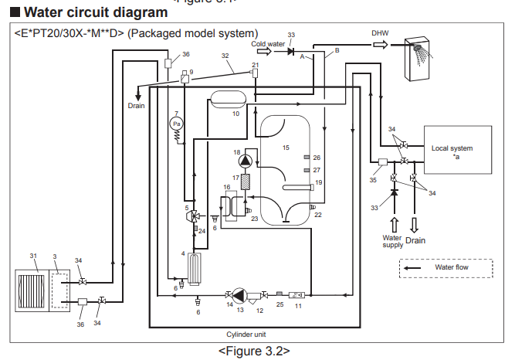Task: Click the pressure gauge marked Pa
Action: point(176,124)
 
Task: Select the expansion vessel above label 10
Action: point(229,100)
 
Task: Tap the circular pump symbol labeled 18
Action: point(245,161)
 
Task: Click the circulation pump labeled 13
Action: point(239,295)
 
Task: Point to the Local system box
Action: point(458,150)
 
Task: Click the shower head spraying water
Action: point(418,48)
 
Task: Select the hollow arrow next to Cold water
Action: point(264,51)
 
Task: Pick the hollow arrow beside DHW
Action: point(381,44)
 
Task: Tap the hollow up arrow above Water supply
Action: point(395,225)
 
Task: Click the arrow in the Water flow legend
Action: point(412,268)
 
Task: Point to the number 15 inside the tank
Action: point(286,148)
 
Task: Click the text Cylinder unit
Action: point(246,335)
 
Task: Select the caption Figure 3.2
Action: point(254,352)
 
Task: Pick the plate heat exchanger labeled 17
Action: point(245,182)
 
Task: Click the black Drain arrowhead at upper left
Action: point(138,97)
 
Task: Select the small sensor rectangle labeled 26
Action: point(307,158)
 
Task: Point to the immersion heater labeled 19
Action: point(298,188)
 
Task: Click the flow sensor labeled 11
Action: point(296,295)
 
